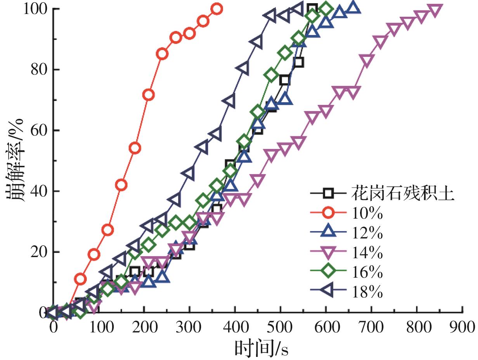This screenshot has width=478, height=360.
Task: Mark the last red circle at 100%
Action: point(217,9)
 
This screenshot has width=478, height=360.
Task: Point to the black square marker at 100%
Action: point(312,9)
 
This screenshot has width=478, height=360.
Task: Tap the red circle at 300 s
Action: point(190,33)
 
